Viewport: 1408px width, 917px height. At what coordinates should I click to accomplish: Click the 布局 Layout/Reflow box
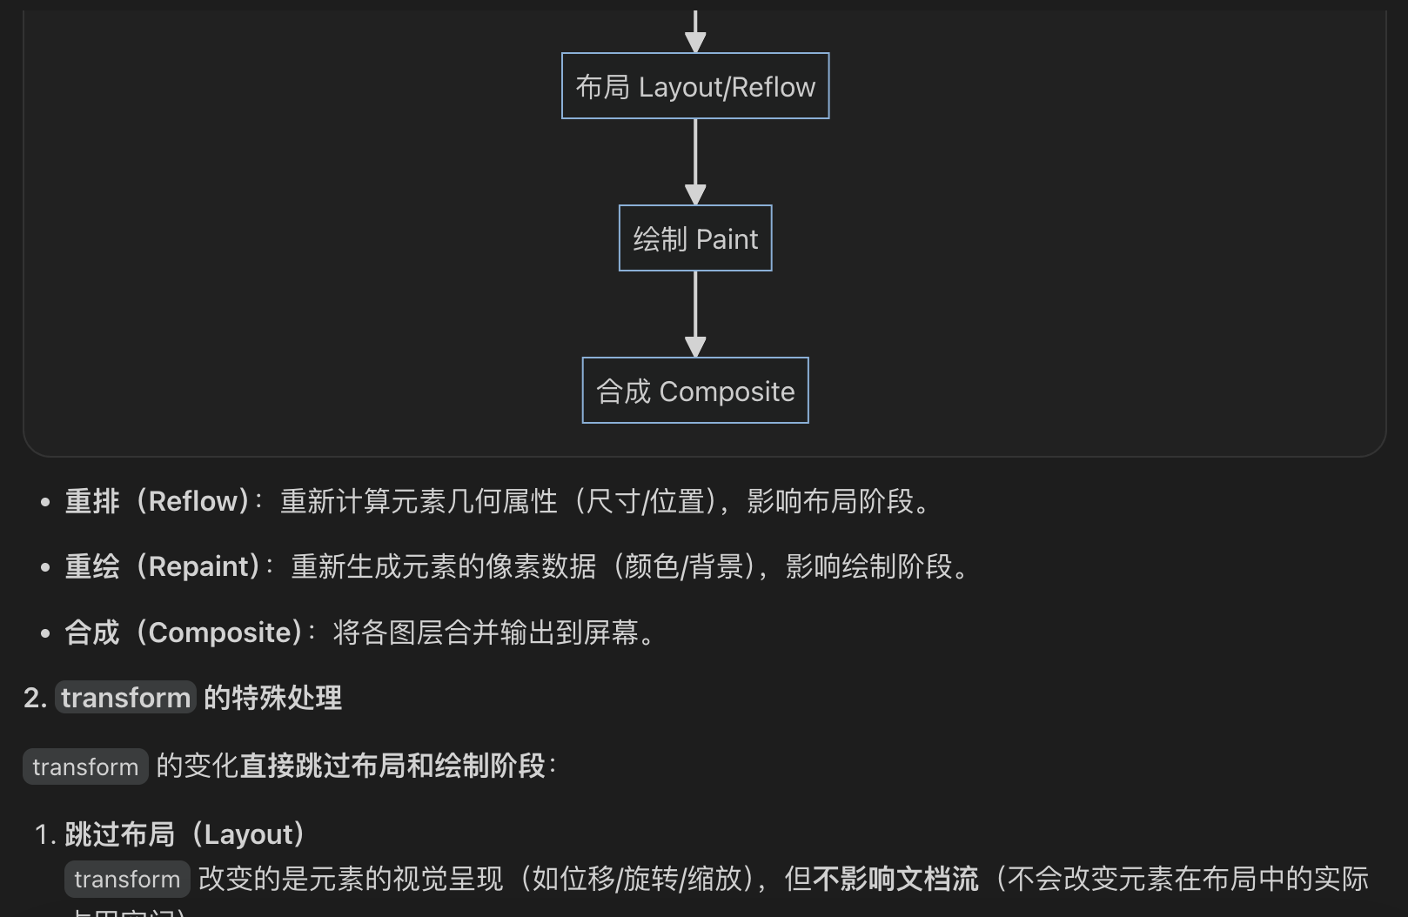pyautogui.click(x=695, y=86)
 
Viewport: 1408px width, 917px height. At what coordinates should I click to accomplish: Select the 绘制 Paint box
pyautogui.click(x=695, y=238)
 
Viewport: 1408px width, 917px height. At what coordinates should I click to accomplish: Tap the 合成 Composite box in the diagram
pyautogui.click(x=695, y=391)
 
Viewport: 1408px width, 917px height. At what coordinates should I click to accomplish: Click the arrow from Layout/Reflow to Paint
pyautogui.click(x=695, y=161)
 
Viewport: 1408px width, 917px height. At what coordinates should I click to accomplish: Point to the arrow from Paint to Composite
pyautogui.click(x=695, y=313)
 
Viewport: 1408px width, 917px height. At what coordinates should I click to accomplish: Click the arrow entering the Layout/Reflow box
pyautogui.click(x=695, y=30)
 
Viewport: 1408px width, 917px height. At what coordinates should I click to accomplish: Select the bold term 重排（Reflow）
pyautogui.click(x=157, y=501)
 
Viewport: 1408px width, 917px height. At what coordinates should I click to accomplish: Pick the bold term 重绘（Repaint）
pyautogui.click(x=162, y=566)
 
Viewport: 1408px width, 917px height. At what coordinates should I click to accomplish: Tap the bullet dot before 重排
pyautogui.click(x=45, y=502)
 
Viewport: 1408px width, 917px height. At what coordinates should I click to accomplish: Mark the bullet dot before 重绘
pyautogui.click(x=45, y=567)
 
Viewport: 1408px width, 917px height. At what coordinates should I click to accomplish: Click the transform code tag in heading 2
pyautogui.click(x=126, y=698)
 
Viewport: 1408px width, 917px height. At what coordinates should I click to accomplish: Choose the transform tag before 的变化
pyautogui.click(x=85, y=766)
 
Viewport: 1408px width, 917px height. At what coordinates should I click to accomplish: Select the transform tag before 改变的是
pyautogui.click(x=127, y=880)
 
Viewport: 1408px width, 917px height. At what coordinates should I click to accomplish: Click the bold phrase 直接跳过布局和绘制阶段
pyautogui.click(x=392, y=766)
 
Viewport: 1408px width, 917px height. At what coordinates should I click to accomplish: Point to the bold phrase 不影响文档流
pyautogui.click(x=895, y=879)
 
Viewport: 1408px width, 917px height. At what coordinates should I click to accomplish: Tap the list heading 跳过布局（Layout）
pyautogui.click(x=184, y=834)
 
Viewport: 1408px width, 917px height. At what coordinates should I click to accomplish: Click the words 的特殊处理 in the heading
pyautogui.click(x=272, y=698)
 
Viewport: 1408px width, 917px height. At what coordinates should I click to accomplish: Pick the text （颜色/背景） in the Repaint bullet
pyautogui.click(x=683, y=566)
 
